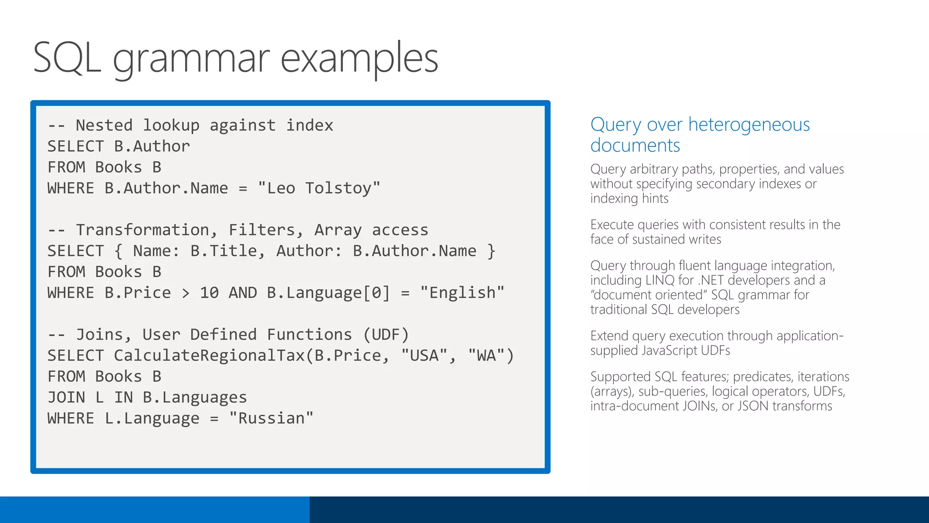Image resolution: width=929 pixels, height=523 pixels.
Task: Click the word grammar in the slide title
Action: click(191, 59)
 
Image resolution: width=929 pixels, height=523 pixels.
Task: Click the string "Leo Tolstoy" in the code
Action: click(319, 188)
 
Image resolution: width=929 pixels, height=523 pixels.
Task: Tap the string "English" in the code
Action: click(462, 293)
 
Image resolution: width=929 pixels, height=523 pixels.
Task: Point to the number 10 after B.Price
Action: click(209, 293)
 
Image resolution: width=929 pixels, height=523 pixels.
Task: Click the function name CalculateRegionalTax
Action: click(209, 355)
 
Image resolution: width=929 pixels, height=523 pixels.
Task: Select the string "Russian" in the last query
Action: click(271, 418)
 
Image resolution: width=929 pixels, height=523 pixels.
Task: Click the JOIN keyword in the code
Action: click(66, 397)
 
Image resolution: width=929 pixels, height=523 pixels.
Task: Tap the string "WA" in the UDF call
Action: click(486, 355)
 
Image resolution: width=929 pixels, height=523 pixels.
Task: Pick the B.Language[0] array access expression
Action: click(328, 293)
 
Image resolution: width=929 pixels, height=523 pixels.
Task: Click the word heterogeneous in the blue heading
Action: click(748, 124)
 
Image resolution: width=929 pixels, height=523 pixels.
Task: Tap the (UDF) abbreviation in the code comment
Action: click(386, 335)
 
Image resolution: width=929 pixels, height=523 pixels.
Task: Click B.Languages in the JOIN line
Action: click(195, 397)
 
